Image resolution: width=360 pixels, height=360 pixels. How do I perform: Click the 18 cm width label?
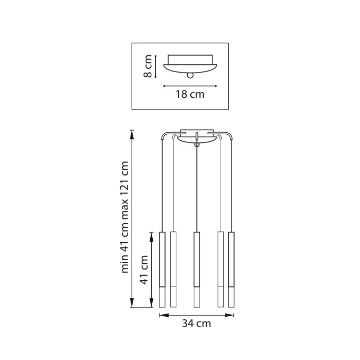coord(190,94)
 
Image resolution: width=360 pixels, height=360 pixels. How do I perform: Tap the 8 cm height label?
coord(148,67)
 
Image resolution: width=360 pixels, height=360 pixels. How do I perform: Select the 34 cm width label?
coord(196,323)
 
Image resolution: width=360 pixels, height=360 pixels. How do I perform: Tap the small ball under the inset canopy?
coord(191,75)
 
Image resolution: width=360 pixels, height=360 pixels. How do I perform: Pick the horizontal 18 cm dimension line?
coord(190,85)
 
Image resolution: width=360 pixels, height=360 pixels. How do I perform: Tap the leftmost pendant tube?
coord(162,269)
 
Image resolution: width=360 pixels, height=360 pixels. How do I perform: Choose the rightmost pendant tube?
coord(231,269)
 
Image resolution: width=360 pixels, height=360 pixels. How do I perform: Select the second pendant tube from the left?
coord(173,269)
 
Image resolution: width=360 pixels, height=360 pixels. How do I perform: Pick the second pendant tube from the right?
coord(221,269)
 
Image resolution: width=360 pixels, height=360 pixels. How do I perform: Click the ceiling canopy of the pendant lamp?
coord(196,133)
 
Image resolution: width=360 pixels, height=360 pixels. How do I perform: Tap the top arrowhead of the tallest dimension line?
coord(133,132)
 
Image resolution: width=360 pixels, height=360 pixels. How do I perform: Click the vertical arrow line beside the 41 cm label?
coord(152,270)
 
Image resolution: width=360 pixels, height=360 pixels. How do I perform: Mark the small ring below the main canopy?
coord(196,146)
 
